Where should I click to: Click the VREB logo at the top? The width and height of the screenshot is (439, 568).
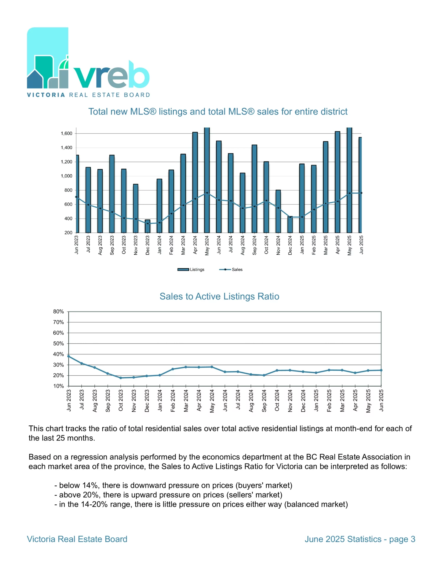click(x=88, y=62)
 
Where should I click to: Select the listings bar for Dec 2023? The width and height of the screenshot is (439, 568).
click(x=147, y=226)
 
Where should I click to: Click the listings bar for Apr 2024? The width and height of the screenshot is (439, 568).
click(x=195, y=182)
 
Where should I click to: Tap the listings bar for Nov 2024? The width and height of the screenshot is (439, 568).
click(x=278, y=211)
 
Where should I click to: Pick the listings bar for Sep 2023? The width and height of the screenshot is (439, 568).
click(x=112, y=194)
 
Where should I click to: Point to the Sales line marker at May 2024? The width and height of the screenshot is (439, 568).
click(x=207, y=193)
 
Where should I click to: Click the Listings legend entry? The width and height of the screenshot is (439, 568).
click(x=191, y=270)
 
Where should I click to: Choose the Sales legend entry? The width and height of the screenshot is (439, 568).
click(x=231, y=270)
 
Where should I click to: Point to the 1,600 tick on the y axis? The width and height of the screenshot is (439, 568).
click(x=67, y=133)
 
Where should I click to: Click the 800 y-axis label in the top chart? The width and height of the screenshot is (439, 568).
click(x=68, y=190)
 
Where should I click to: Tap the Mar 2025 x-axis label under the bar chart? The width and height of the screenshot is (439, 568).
click(x=326, y=245)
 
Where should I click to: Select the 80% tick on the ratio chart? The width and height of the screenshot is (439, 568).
click(x=59, y=312)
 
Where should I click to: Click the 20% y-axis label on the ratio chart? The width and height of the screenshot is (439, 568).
click(x=59, y=375)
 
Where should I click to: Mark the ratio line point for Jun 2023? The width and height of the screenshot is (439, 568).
click(x=69, y=356)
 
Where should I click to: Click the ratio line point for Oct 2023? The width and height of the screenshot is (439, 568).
click(x=121, y=378)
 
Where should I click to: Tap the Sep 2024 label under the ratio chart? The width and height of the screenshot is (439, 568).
click(x=264, y=401)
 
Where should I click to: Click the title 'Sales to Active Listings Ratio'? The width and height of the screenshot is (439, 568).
click(x=219, y=296)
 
